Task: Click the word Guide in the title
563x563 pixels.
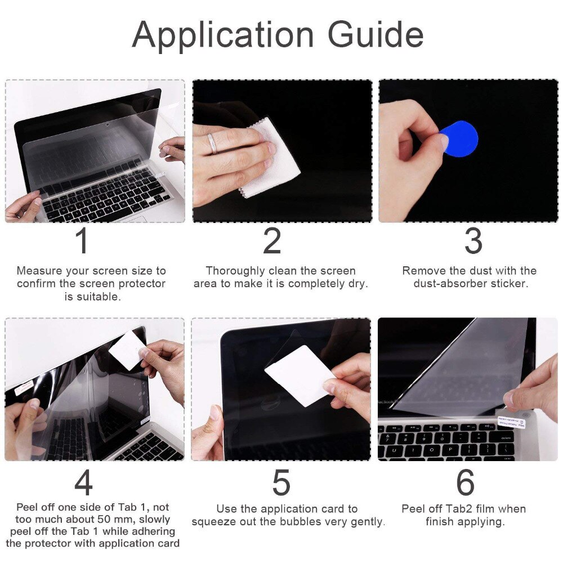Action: tap(376, 35)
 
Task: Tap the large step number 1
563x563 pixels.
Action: tap(82, 241)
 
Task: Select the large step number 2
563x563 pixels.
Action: tap(272, 241)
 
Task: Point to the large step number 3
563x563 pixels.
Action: tap(473, 241)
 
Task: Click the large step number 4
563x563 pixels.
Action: tap(83, 482)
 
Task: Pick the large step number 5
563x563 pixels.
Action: tap(281, 482)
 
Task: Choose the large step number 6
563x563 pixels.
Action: tap(465, 482)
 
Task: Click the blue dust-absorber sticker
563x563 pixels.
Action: tap(459, 138)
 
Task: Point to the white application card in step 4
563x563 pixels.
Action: tap(127, 350)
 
